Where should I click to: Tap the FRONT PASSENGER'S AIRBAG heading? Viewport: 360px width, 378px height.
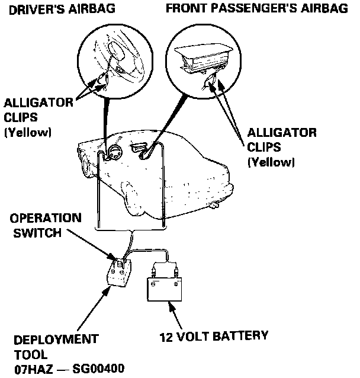[x=257, y=9]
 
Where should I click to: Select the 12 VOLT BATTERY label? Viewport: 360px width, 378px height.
[x=213, y=336]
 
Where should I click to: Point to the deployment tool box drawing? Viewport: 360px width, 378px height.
[x=118, y=273]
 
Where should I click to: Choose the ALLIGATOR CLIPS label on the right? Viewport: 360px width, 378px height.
[x=281, y=139]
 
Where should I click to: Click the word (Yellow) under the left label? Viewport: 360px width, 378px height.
[x=27, y=132]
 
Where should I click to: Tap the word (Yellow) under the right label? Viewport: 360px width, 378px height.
[x=271, y=161]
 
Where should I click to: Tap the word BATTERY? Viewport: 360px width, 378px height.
[x=240, y=336]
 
